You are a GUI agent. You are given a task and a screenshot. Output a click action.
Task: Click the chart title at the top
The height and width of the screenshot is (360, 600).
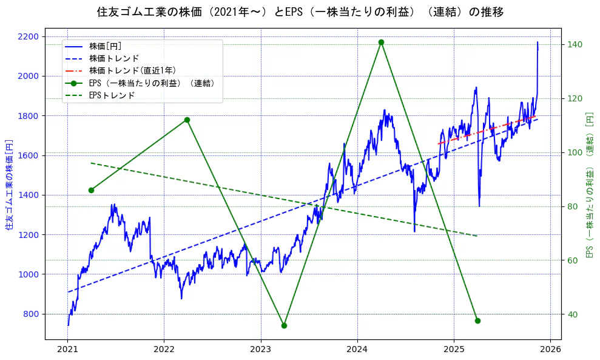300,12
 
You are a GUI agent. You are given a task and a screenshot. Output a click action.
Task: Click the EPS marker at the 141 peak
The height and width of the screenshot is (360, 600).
381,42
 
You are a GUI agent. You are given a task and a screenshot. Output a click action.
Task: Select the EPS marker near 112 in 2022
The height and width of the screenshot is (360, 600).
187,120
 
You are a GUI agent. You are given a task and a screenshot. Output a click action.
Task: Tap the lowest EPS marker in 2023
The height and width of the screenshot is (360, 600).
284,325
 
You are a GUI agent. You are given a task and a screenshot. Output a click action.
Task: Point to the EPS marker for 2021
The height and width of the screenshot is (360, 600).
91,190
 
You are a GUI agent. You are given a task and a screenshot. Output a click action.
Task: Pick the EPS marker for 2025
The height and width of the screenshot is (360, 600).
477,321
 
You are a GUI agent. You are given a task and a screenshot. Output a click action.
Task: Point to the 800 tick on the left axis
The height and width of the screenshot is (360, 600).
31,314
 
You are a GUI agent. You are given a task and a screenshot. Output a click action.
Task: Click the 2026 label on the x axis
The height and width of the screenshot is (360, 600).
550,350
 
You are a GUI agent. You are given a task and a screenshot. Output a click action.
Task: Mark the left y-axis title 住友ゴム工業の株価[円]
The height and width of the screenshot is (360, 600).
9,185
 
